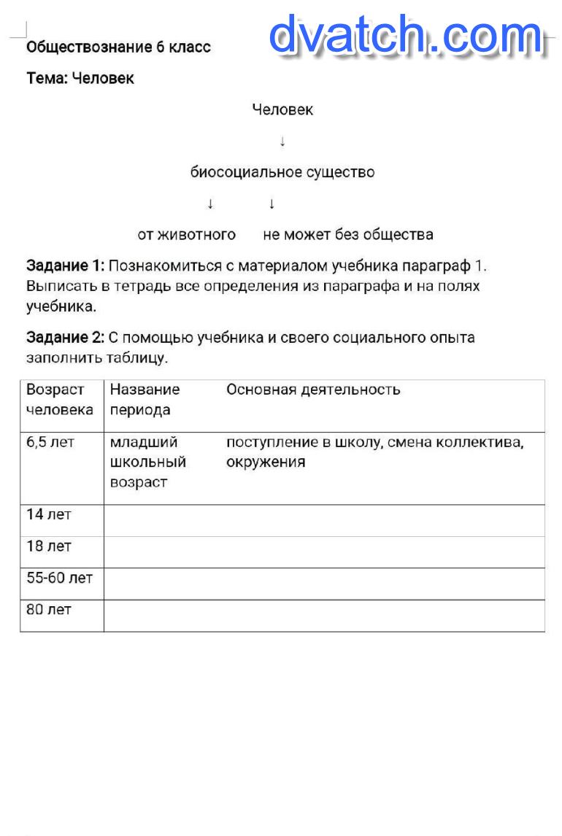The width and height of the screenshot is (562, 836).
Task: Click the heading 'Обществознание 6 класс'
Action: click(118, 47)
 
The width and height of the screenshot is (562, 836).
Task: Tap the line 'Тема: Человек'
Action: click(80, 78)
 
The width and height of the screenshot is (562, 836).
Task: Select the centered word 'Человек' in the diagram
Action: click(282, 109)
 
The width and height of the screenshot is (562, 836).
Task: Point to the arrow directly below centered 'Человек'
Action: click(282, 142)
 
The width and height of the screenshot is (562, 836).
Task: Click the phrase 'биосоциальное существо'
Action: click(282, 172)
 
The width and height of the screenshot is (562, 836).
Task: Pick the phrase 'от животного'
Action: click(187, 234)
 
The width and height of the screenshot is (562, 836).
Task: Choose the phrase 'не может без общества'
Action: click(348, 234)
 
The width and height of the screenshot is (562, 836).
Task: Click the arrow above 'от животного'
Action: click(210, 204)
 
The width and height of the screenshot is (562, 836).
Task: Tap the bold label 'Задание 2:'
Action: click(66, 338)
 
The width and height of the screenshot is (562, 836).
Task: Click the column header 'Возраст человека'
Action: click(60, 400)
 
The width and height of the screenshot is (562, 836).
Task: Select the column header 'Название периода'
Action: click(145, 400)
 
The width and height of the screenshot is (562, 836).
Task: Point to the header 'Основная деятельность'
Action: click(313, 390)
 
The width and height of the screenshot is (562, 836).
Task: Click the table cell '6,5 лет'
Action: click(50, 442)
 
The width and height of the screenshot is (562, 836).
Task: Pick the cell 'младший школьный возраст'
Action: click(147, 462)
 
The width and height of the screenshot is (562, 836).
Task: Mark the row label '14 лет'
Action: click(49, 514)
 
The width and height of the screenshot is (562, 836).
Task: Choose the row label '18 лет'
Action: click(49, 546)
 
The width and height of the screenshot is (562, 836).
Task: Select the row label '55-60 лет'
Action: click(60, 578)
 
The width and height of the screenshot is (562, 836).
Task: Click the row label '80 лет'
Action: click(49, 609)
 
